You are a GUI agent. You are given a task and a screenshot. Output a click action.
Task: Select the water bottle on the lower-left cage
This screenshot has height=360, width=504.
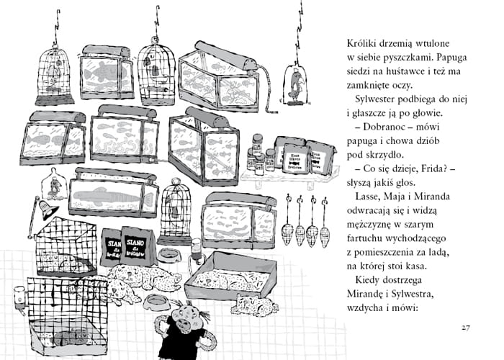pyautogui.click(x=19, y=296)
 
